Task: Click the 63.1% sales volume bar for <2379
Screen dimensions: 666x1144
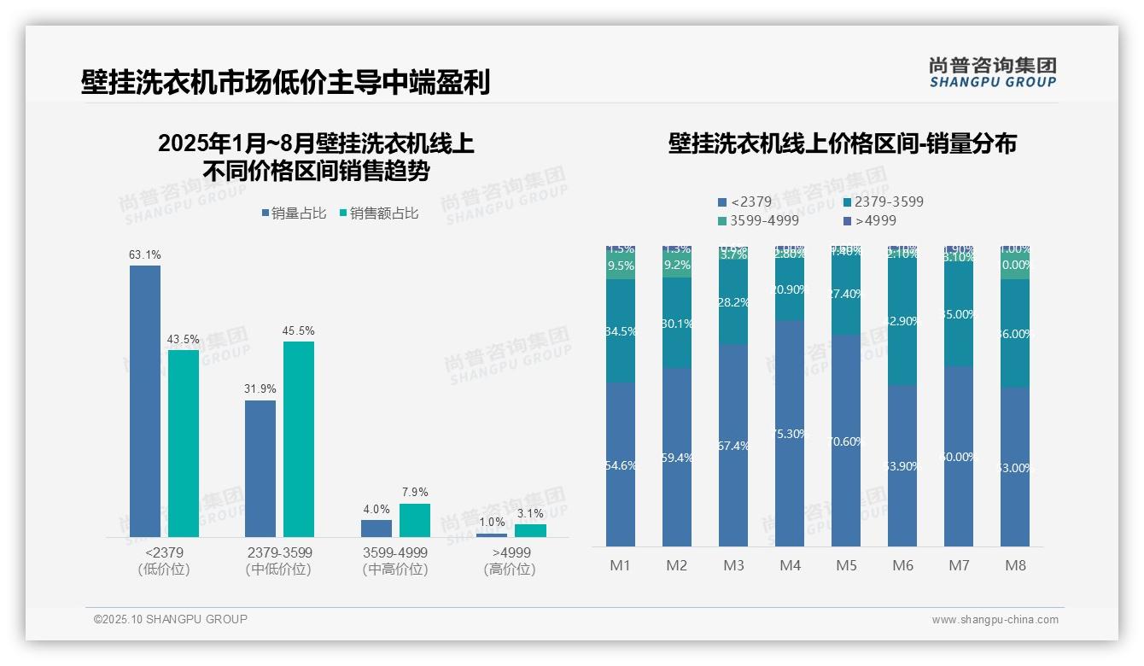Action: pos(145,400)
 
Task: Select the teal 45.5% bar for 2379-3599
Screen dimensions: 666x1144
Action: pos(299,439)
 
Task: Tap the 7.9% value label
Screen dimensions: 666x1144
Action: pos(414,493)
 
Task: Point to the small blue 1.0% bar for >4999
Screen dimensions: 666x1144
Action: pos(491,535)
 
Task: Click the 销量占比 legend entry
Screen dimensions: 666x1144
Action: pos(294,213)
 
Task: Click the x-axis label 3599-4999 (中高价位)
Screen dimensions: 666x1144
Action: pos(394,561)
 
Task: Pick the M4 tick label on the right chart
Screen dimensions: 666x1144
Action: pos(790,565)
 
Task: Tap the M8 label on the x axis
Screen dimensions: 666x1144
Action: pos(1015,565)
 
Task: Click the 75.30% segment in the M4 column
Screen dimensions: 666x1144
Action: pos(790,434)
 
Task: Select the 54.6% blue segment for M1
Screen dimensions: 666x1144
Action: pos(621,464)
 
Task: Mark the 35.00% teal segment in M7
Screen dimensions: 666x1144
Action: pos(959,314)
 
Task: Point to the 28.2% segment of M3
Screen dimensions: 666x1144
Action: pos(733,302)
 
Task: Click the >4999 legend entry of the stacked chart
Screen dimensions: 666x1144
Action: pos(868,221)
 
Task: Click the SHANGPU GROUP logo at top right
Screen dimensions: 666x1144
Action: pos(992,73)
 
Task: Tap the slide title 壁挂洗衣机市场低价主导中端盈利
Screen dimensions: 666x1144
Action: pos(285,83)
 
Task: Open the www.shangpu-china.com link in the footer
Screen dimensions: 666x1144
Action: pos(995,620)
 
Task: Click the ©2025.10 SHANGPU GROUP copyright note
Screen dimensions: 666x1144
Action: pos(171,619)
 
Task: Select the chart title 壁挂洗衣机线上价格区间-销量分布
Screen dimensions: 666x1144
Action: pos(842,144)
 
